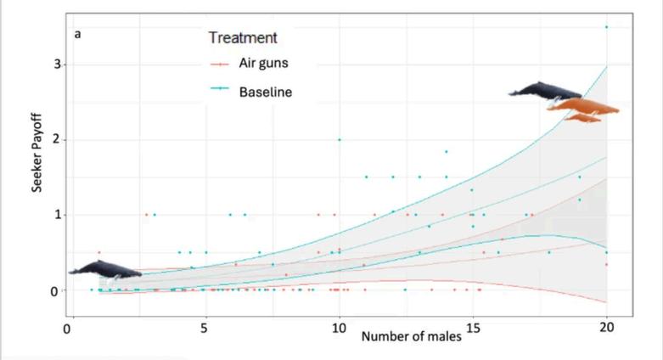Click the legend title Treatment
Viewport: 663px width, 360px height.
point(243,37)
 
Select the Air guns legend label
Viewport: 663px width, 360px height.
point(263,63)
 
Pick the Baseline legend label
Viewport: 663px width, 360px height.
point(266,92)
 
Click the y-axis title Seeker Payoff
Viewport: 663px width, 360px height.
point(37,153)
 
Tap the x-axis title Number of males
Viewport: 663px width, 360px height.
point(411,337)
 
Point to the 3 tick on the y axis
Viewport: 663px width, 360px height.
point(57,65)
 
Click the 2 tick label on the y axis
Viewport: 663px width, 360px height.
point(57,139)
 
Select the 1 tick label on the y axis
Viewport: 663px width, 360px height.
point(57,215)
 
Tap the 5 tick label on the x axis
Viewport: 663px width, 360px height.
point(205,329)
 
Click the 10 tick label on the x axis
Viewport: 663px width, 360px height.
point(339,329)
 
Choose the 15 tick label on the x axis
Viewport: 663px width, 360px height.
point(473,329)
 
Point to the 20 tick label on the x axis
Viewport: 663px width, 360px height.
point(606,328)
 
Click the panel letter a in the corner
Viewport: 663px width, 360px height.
point(77,34)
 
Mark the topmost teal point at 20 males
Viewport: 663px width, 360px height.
point(606,27)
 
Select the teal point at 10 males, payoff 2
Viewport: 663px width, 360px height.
point(339,139)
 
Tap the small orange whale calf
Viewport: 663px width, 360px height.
point(582,118)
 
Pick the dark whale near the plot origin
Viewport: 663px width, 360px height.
point(105,270)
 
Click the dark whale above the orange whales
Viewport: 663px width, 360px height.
point(546,91)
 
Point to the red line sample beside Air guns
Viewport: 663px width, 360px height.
point(220,65)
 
